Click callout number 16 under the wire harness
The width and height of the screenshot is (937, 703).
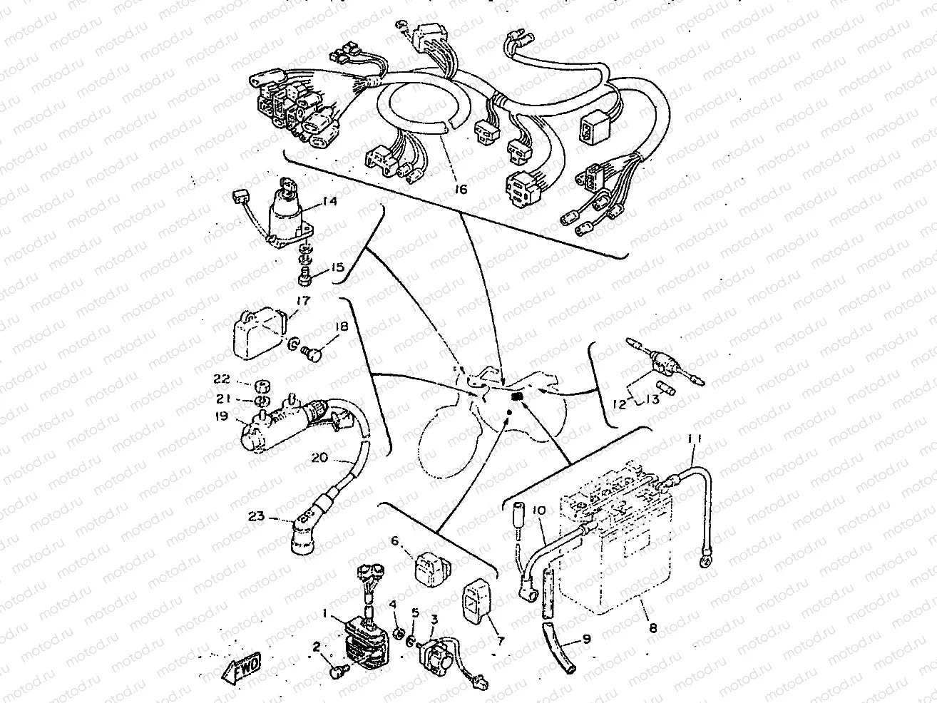[x=460, y=190]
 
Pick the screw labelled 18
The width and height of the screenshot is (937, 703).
[x=314, y=351]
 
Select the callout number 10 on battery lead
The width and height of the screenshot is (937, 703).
[x=538, y=510]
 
